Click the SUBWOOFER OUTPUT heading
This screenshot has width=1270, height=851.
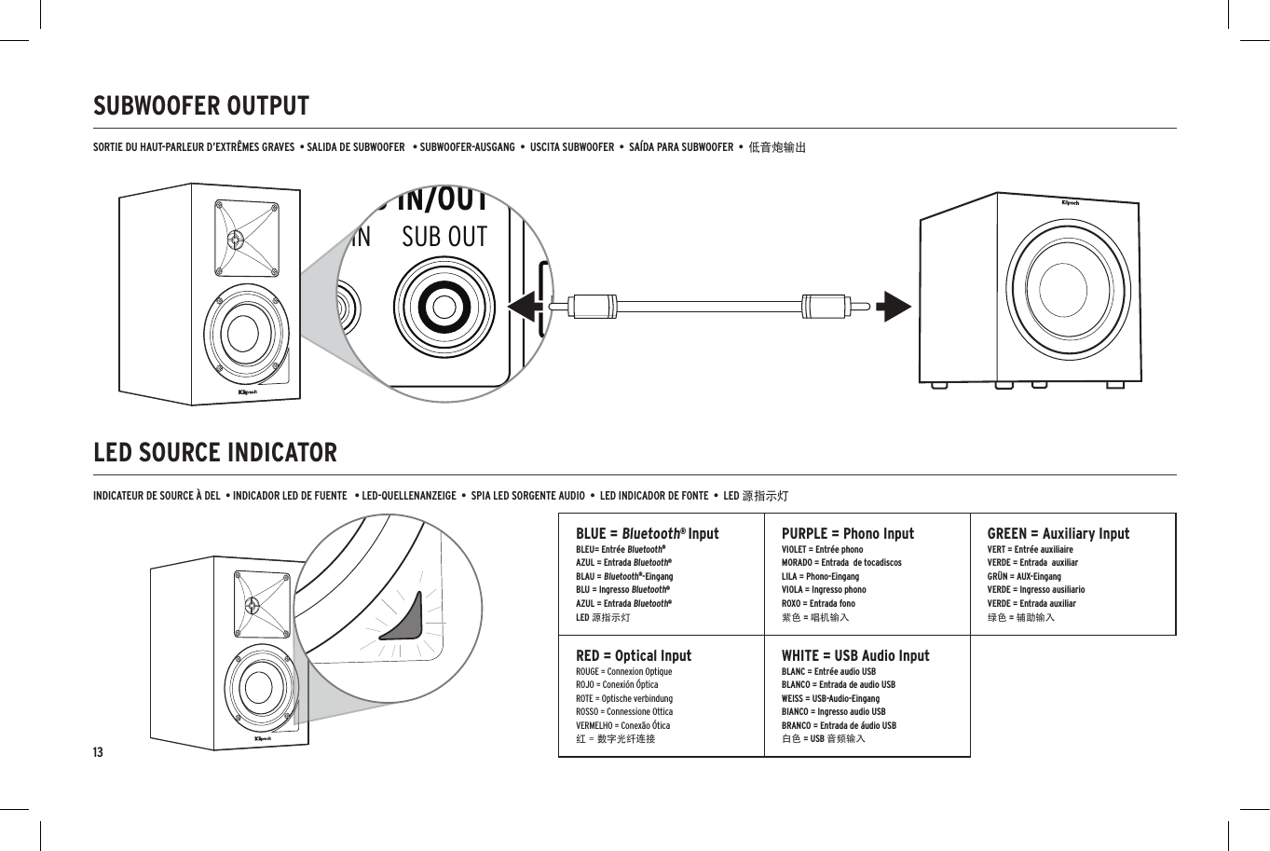pos(201,106)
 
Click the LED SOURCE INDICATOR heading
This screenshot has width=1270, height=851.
pos(215,453)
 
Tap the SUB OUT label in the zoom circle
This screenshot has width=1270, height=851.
pos(444,238)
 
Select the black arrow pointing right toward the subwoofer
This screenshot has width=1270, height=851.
pos(894,306)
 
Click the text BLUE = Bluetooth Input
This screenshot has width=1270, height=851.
pos(647,533)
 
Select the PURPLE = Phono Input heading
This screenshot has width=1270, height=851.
pos(847,533)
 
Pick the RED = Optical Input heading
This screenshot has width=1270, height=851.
pos(634,655)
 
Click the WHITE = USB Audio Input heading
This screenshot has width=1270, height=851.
pos(854,655)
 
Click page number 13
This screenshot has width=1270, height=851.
pos(98,752)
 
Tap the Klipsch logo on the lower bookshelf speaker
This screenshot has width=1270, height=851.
pos(266,738)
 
